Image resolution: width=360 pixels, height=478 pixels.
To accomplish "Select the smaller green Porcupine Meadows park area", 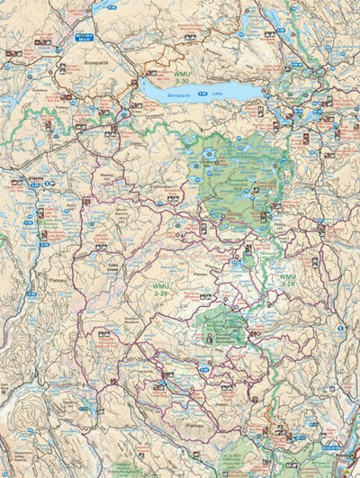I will pyautogui.click(x=220, y=322).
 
